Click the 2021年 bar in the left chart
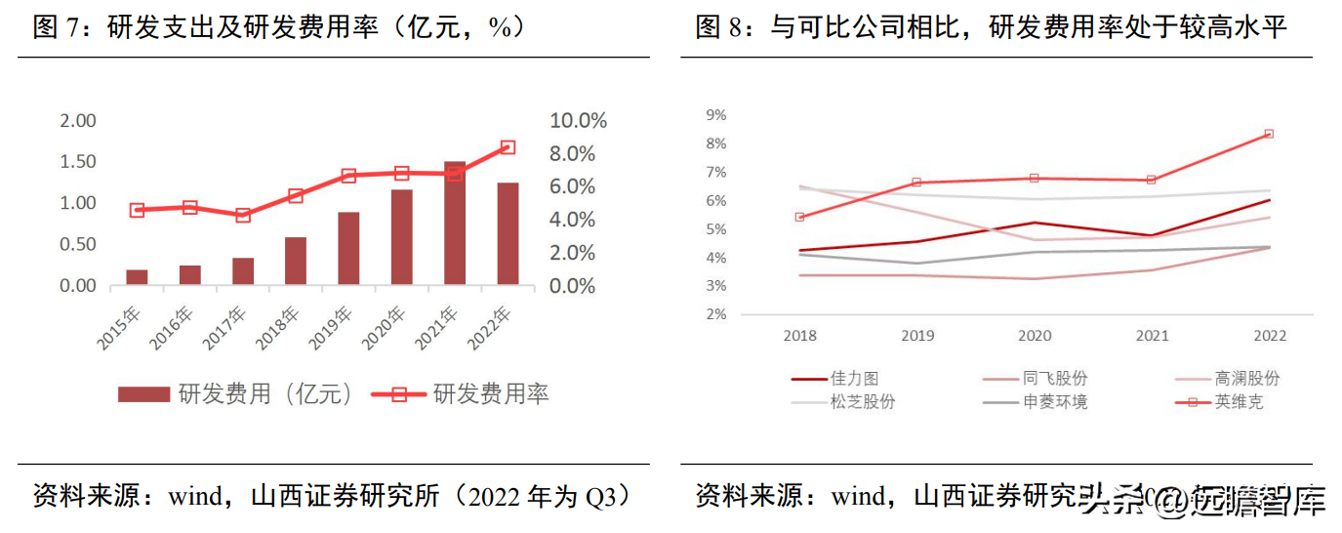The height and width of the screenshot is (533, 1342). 455,224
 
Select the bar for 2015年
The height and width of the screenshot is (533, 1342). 137,277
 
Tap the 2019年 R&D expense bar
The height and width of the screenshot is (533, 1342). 348,249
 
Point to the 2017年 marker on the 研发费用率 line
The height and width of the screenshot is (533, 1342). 243,216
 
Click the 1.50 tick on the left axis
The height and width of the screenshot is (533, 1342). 78,161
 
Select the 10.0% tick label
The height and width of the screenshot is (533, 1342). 579,121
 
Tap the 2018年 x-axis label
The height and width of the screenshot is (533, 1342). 280,328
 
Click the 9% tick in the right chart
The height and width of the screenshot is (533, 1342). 715,115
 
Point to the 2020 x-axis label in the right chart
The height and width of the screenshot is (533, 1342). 1035,336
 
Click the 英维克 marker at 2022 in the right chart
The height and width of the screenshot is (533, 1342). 1269,134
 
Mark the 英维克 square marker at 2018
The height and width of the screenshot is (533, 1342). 799,217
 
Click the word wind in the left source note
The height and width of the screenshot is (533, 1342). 196,496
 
